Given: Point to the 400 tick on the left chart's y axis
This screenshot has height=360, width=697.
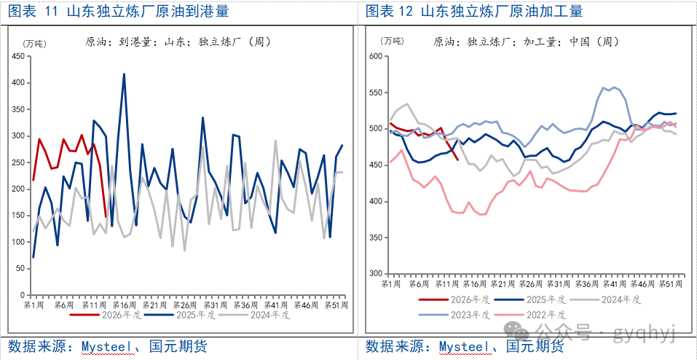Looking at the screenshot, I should coord(20,82).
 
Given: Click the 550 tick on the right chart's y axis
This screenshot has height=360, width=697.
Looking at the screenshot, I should coord(374,93).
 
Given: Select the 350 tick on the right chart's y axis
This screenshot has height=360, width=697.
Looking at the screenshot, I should coord(374,237).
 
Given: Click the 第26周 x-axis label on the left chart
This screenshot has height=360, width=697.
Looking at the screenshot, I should coord(184,305).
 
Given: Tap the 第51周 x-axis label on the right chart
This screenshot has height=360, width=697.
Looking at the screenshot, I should coord(671,283).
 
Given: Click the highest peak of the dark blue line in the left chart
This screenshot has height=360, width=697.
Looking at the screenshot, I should coord(124,74).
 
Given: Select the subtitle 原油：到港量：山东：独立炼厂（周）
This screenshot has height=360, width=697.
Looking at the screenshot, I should coord(178,42).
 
